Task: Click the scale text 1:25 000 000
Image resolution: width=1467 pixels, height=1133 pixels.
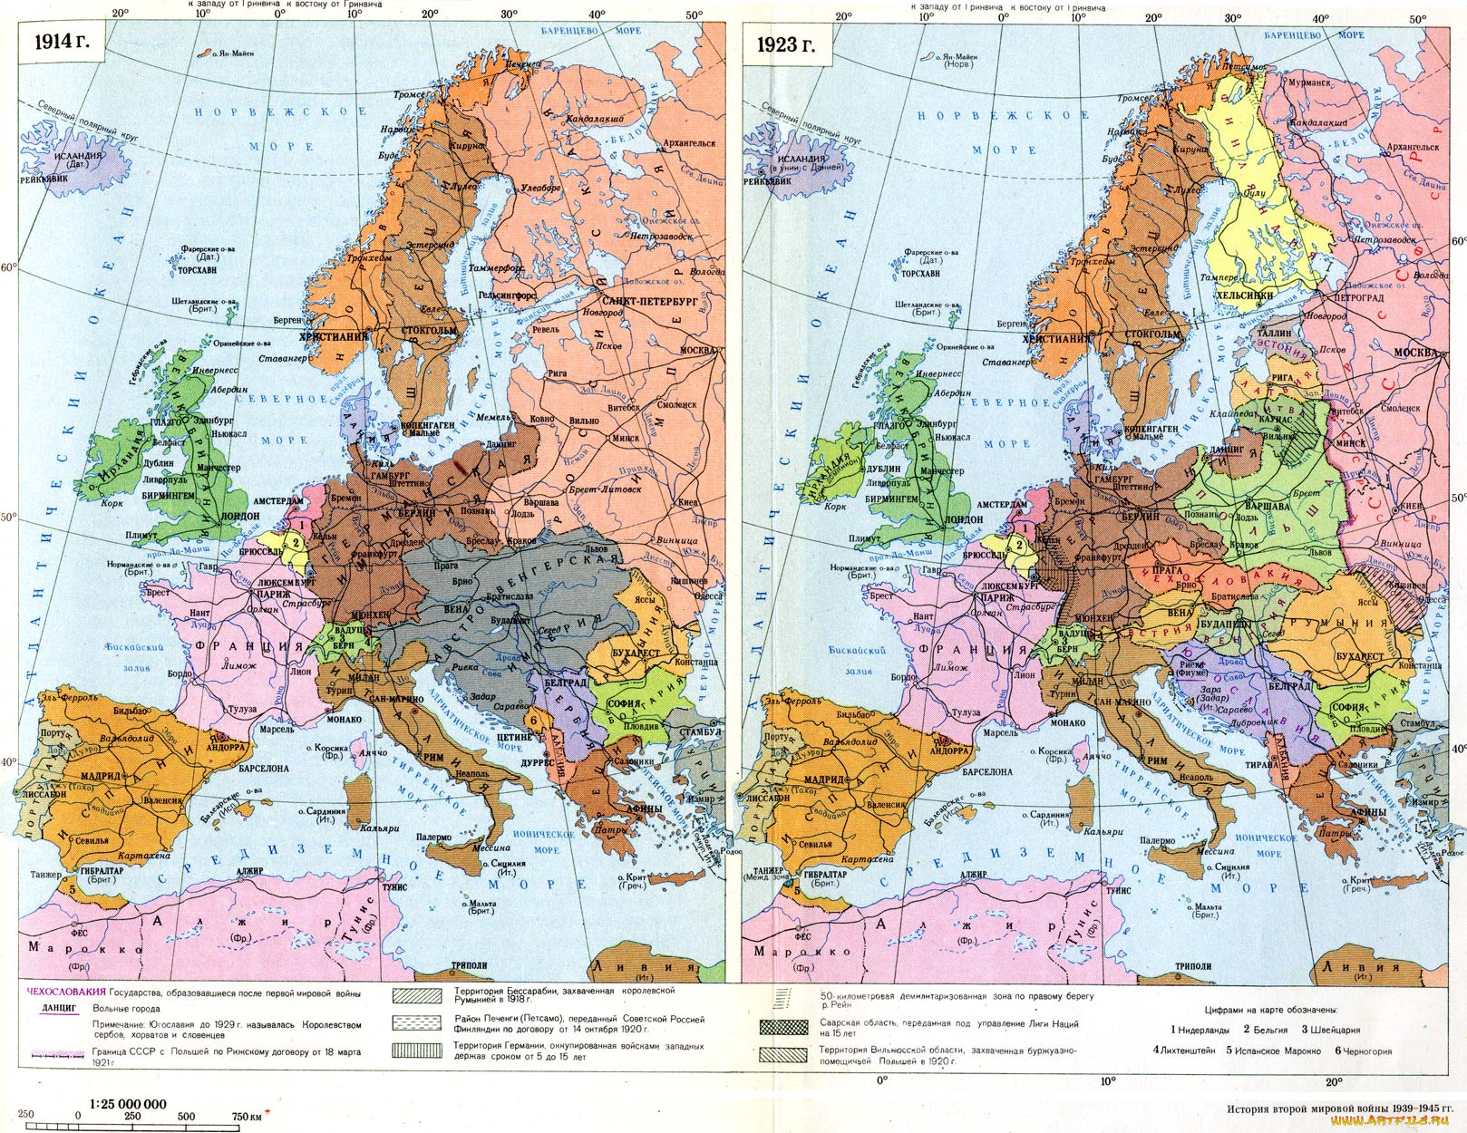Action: [x=128, y=1103]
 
